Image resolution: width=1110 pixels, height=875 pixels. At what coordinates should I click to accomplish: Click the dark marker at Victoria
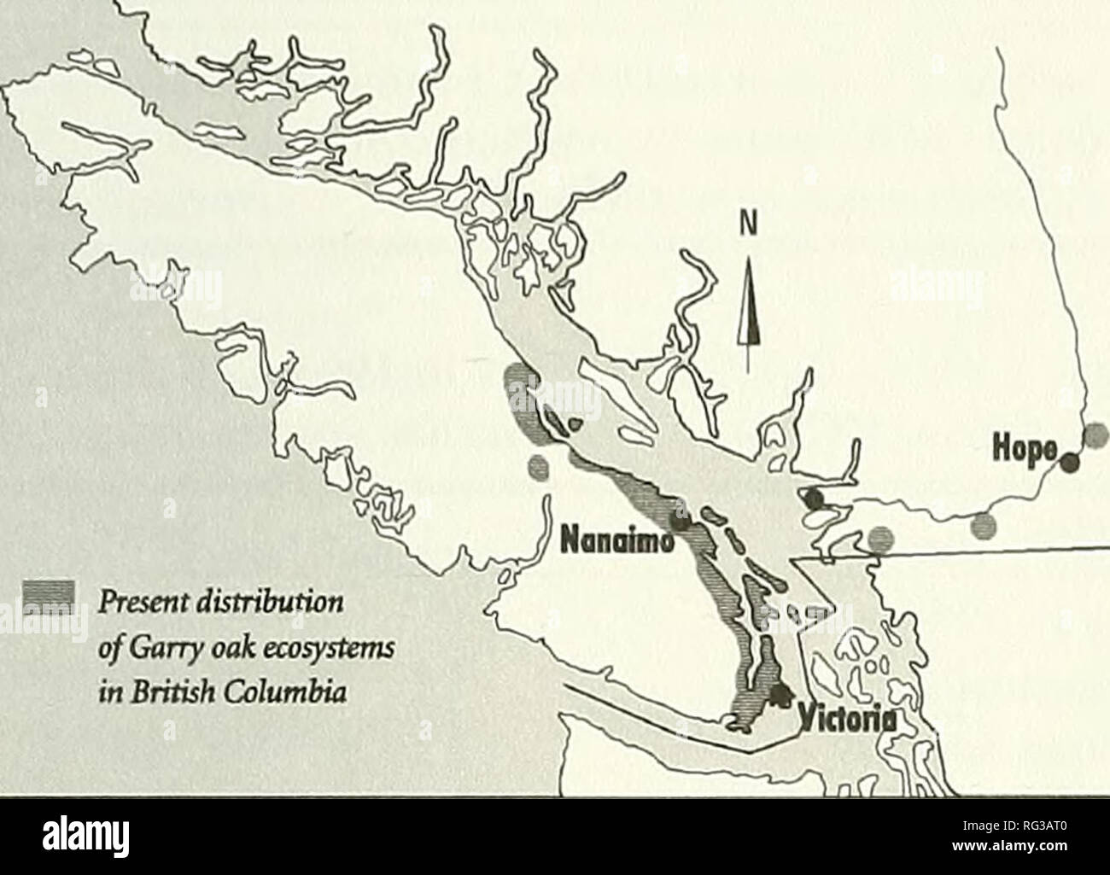click(778, 696)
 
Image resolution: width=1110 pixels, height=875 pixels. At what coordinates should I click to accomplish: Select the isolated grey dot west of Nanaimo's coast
click(538, 466)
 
